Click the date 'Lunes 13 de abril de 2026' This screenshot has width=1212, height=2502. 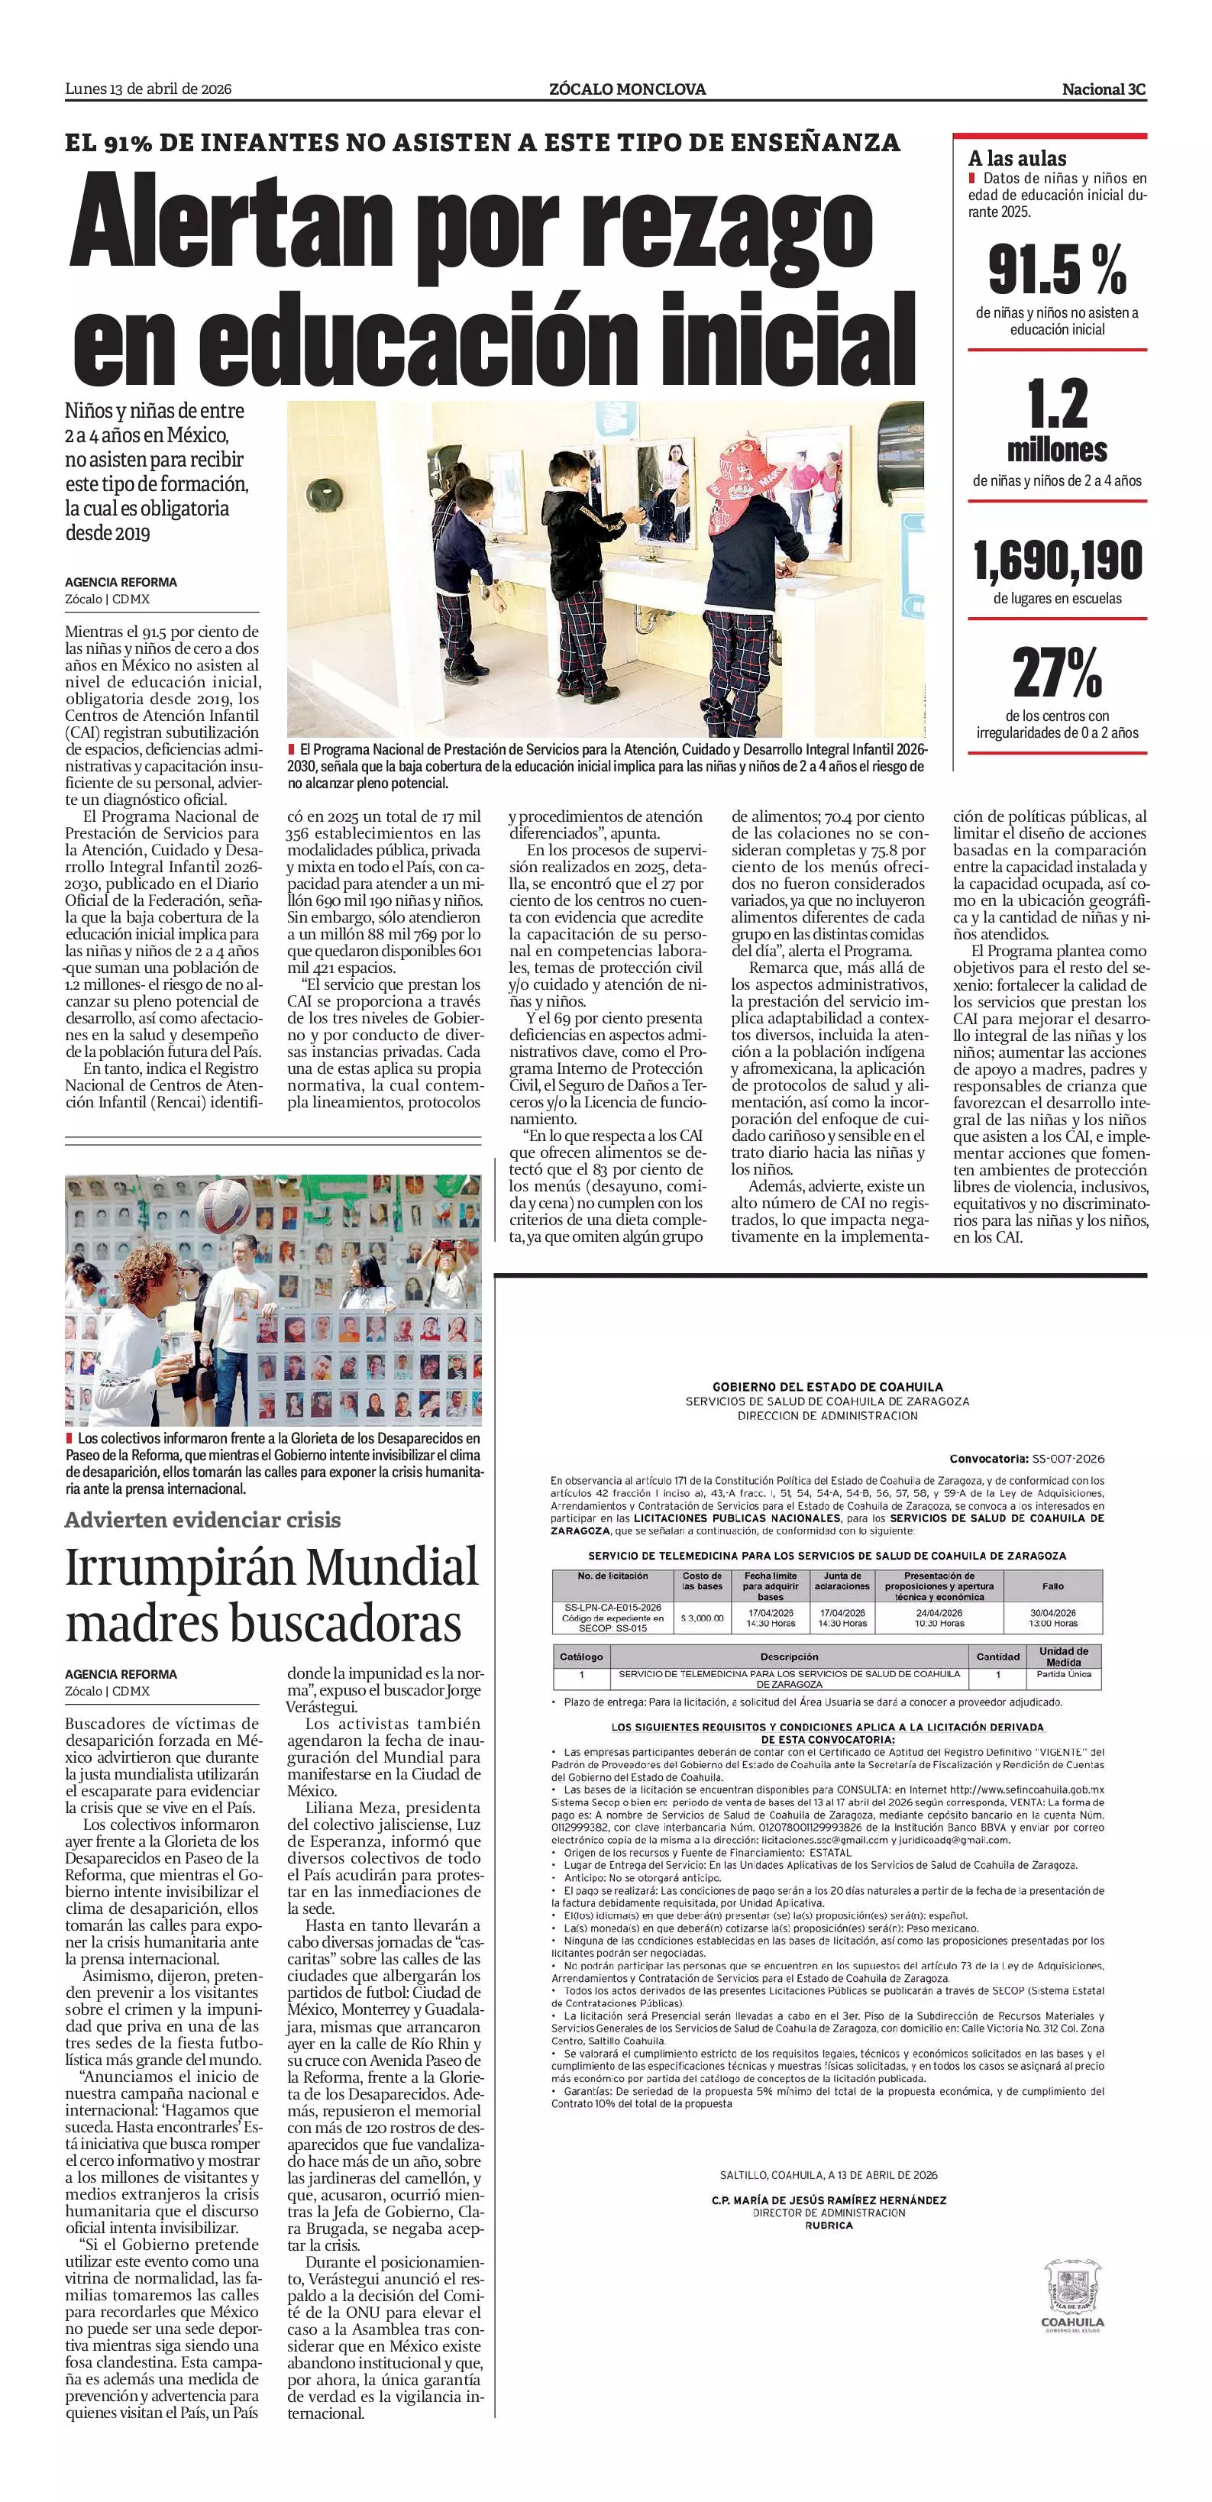[147, 89]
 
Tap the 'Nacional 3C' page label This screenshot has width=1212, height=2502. [1104, 89]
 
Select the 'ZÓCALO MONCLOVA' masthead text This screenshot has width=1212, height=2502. [627, 89]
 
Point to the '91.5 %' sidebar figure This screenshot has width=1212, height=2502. [1057, 269]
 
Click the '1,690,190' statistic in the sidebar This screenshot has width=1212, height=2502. [1058, 561]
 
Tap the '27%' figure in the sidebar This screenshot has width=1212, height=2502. [1057, 672]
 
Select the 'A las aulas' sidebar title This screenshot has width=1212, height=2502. [1016, 158]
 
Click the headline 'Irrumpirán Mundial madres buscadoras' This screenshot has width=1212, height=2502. [272, 1595]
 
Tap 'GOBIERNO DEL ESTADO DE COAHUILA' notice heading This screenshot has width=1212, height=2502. [827, 1387]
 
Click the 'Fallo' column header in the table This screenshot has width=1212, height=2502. [1052, 1586]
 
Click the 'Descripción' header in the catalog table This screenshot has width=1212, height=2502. [789, 1656]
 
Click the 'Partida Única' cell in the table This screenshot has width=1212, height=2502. [1063, 1673]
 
